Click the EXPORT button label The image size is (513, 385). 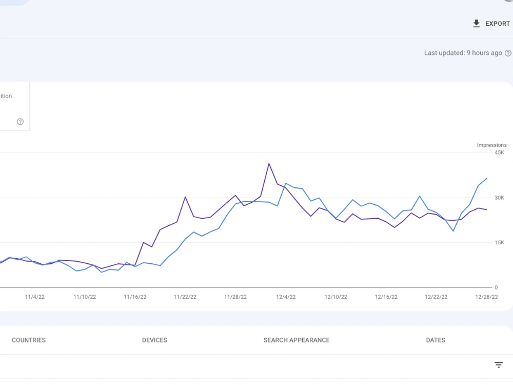497,24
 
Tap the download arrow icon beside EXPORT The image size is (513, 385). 477,24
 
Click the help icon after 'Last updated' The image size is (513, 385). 508,53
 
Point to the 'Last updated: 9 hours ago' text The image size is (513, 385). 463,53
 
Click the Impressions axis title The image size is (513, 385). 491,145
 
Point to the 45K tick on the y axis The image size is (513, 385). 499,152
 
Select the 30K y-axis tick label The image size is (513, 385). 499,198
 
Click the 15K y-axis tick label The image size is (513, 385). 499,243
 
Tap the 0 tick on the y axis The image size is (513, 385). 496,287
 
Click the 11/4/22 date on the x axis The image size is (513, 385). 35,297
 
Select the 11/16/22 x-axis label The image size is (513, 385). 135,297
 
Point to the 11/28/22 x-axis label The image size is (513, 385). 235,297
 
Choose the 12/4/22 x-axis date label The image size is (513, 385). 286,297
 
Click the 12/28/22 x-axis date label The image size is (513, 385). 486,297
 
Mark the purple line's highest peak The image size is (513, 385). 269,163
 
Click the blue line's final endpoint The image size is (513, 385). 487,179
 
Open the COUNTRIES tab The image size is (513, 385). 29,340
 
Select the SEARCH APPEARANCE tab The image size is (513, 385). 297,340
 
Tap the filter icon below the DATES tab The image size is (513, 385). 499,364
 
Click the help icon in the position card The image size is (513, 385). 21,122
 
